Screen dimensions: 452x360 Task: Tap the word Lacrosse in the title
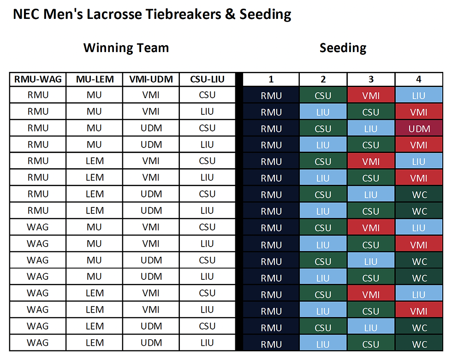pyautogui.click(x=114, y=14)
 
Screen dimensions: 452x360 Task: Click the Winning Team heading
pyautogui.click(x=126, y=48)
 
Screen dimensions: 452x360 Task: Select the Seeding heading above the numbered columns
pyautogui.click(x=343, y=48)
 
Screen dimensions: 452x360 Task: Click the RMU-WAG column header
pyautogui.click(x=38, y=79)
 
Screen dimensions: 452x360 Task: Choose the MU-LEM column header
pyautogui.click(x=95, y=79)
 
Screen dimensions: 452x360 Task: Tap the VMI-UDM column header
pyautogui.click(x=151, y=79)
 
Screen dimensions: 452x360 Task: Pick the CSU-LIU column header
pyautogui.click(x=207, y=79)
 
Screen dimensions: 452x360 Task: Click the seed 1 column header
pyautogui.click(x=271, y=79)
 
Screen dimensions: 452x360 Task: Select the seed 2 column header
pyautogui.click(x=323, y=79)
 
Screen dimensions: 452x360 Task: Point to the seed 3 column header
pyautogui.click(x=371, y=79)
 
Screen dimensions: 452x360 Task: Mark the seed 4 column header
pyautogui.click(x=419, y=79)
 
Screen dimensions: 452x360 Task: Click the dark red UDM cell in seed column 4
pyautogui.click(x=419, y=129)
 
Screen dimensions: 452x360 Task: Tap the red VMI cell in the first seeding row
pyautogui.click(x=371, y=95)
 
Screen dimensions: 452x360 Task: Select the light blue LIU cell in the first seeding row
pyautogui.click(x=419, y=95)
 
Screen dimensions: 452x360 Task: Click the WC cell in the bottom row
pyautogui.click(x=419, y=344)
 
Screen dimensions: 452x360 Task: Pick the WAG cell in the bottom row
pyautogui.click(x=38, y=343)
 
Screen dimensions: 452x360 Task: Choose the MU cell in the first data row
pyautogui.click(x=95, y=95)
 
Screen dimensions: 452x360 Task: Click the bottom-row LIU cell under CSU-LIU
pyautogui.click(x=207, y=343)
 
